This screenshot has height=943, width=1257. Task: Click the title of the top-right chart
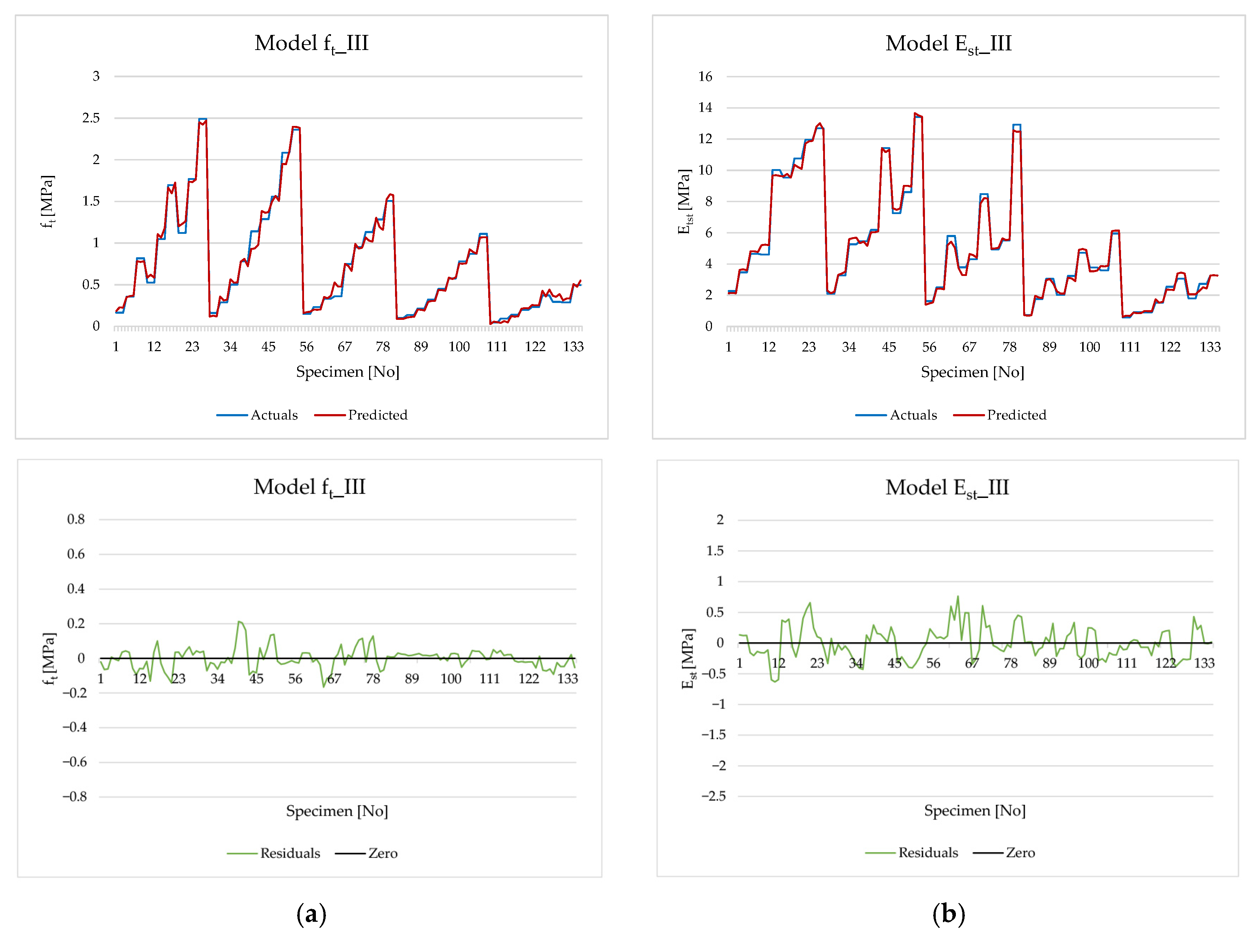pos(948,44)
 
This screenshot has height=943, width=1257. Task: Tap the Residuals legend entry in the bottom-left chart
pos(273,853)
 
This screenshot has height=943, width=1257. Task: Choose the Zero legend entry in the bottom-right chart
pos(1004,853)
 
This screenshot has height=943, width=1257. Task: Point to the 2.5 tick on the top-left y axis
pos(91,118)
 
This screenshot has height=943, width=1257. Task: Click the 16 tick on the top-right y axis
pos(705,76)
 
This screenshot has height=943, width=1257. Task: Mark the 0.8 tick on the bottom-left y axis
pos(76,519)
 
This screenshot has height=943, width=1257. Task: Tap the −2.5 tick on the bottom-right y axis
pos(714,796)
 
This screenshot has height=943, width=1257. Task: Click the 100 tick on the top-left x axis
pos(459,347)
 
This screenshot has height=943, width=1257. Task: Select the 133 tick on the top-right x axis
pos(1210,347)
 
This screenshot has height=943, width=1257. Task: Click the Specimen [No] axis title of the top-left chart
pos(348,372)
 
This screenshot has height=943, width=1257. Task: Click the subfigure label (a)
pos(312,914)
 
